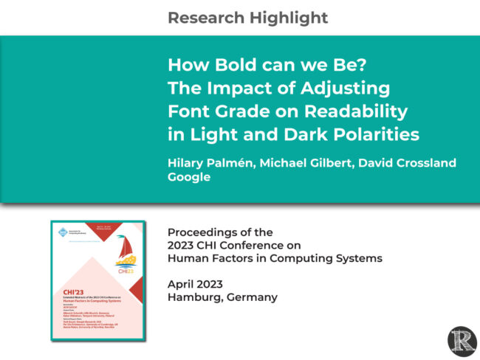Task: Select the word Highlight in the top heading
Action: pos(287,17)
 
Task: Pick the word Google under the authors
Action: pos(189,177)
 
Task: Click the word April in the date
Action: pos(182,284)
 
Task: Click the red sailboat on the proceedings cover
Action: pos(126,249)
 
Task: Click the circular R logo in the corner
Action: pos(462,342)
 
